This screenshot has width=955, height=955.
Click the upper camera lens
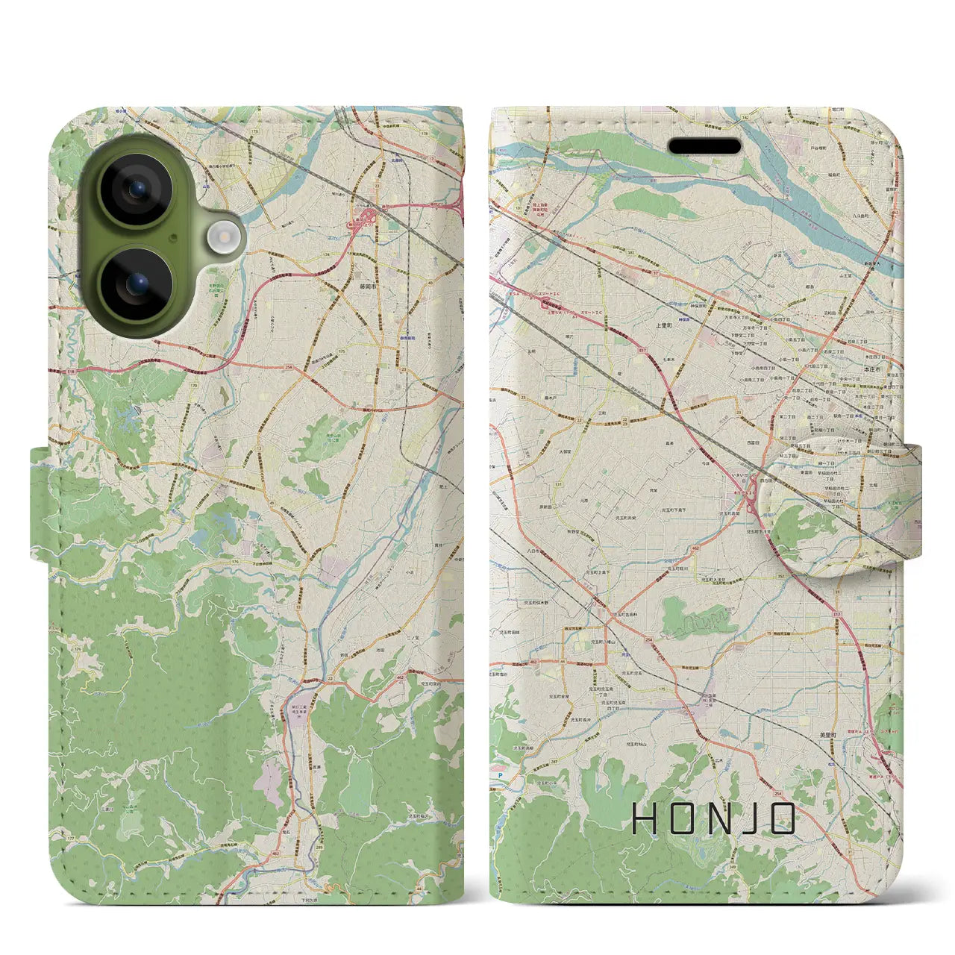[137, 190]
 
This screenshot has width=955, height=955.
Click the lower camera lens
[137, 284]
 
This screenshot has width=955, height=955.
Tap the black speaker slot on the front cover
[704, 146]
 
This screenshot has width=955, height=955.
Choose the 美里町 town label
[829, 735]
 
